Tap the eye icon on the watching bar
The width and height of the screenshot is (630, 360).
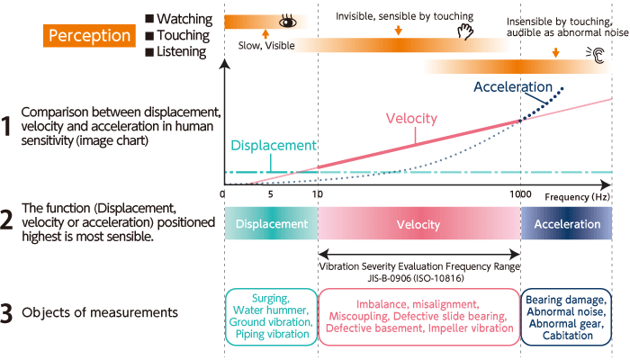coord(287,20)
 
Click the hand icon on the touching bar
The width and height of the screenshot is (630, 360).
coord(465,33)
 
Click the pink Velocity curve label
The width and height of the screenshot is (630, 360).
coord(411,119)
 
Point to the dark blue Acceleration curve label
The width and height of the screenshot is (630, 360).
coord(512,87)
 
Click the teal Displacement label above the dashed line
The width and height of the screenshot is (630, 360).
coord(274,145)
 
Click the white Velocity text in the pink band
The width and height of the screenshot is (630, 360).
coord(418,224)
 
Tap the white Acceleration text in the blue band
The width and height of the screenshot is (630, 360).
coord(567,224)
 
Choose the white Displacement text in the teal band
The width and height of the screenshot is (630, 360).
coord(270,224)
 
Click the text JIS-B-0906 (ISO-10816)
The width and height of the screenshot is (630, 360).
coord(419,278)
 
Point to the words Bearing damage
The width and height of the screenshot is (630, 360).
coord(567,299)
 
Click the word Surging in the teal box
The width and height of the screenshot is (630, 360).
coord(270,298)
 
